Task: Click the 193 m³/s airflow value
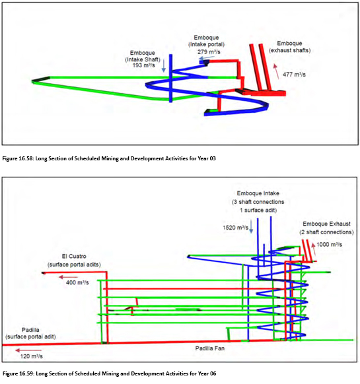(144, 65)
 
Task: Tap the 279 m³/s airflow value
(209, 52)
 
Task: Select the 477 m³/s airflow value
(294, 75)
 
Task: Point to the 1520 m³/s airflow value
(235, 228)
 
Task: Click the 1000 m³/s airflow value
(329, 244)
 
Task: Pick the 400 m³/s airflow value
(77, 282)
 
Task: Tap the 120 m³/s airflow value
(32, 356)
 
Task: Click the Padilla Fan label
(209, 348)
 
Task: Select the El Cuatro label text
(74, 256)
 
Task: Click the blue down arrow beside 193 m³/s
(164, 65)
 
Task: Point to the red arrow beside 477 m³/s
(276, 71)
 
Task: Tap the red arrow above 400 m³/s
(68, 277)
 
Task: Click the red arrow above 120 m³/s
(28, 350)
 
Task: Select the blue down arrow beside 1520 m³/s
(251, 226)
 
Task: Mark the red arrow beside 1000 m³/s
(314, 248)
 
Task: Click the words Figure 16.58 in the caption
(18, 158)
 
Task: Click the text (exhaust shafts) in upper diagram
(289, 50)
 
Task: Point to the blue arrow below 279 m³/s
(207, 58)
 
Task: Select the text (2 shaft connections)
(326, 232)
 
